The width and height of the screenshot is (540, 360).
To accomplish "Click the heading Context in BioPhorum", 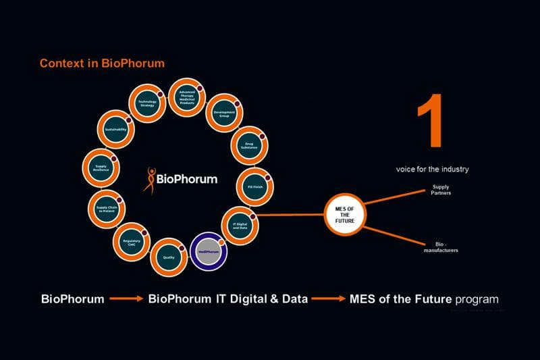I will click(102, 63).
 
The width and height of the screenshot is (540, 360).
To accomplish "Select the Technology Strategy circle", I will click(147, 105).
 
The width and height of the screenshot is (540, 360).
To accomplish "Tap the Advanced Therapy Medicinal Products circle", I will click(186, 96).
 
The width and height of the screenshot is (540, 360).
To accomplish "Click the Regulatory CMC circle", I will click(132, 242).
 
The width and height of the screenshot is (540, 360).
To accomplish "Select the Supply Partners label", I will click(441, 190).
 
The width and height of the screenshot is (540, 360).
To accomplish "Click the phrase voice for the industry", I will click(432, 170).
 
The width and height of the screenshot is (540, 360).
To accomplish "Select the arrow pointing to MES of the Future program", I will click(329, 299).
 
